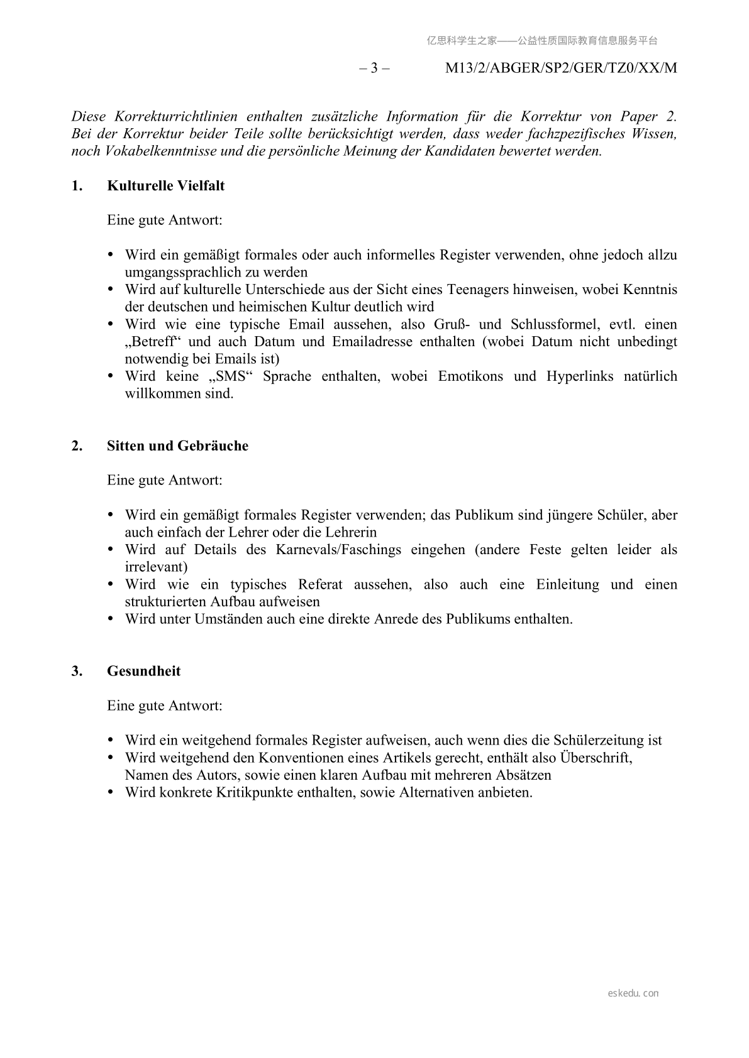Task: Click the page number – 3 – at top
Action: tap(374, 68)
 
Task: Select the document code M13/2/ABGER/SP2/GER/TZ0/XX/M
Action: tap(561, 68)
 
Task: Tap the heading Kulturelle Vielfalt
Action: tap(165, 186)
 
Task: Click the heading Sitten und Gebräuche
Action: tap(177, 446)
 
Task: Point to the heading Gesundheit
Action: tap(143, 671)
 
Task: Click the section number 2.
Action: tap(77, 446)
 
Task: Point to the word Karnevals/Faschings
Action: tap(338, 550)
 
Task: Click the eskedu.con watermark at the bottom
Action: tap(633, 993)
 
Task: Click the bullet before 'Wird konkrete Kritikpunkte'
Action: tap(111, 792)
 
